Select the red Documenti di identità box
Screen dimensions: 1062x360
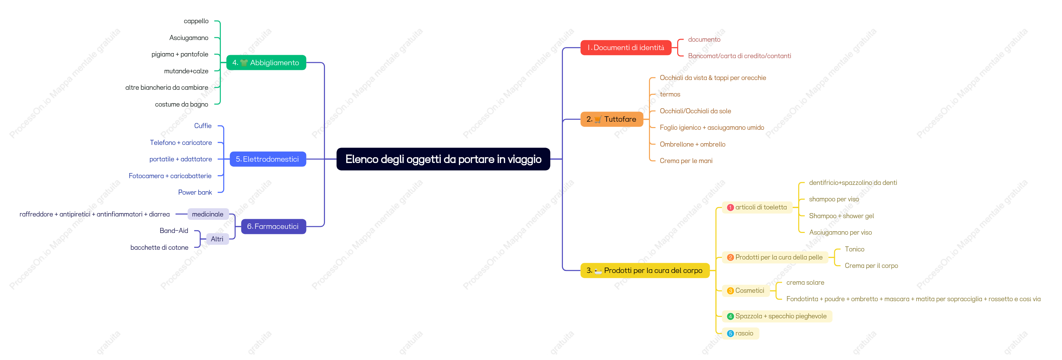click(626, 47)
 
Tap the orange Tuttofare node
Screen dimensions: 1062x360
click(612, 119)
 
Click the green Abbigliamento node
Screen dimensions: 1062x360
click(266, 63)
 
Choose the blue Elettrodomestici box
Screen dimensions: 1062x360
click(268, 159)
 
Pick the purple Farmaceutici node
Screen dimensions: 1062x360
click(273, 227)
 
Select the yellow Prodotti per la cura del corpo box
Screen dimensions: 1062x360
click(645, 271)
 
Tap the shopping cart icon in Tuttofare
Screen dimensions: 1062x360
click(598, 120)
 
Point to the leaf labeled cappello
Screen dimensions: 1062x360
click(196, 21)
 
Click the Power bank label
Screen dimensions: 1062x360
click(195, 193)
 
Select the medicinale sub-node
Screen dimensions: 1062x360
click(208, 214)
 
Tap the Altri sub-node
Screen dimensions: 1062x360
click(217, 239)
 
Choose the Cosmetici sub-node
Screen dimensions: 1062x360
click(746, 291)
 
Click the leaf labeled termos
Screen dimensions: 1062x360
click(670, 94)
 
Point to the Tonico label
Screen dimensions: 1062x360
click(855, 249)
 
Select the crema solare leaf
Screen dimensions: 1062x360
click(805, 282)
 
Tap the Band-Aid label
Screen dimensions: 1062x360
click(174, 231)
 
